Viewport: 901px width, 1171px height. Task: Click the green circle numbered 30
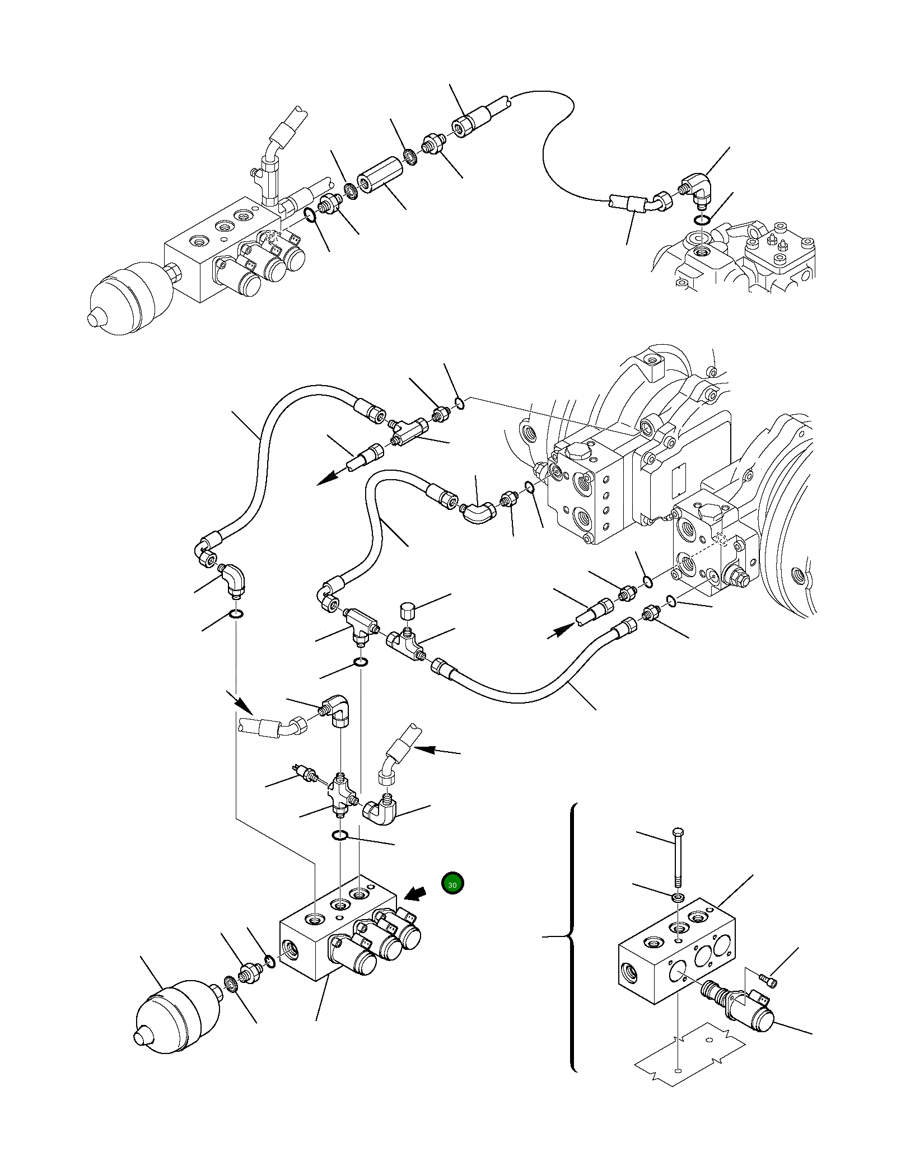click(452, 900)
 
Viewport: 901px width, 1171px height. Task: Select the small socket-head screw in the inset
click(767, 980)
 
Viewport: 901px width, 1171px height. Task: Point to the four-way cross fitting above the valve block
click(341, 794)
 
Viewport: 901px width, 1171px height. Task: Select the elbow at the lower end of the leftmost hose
click(233, 581)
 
